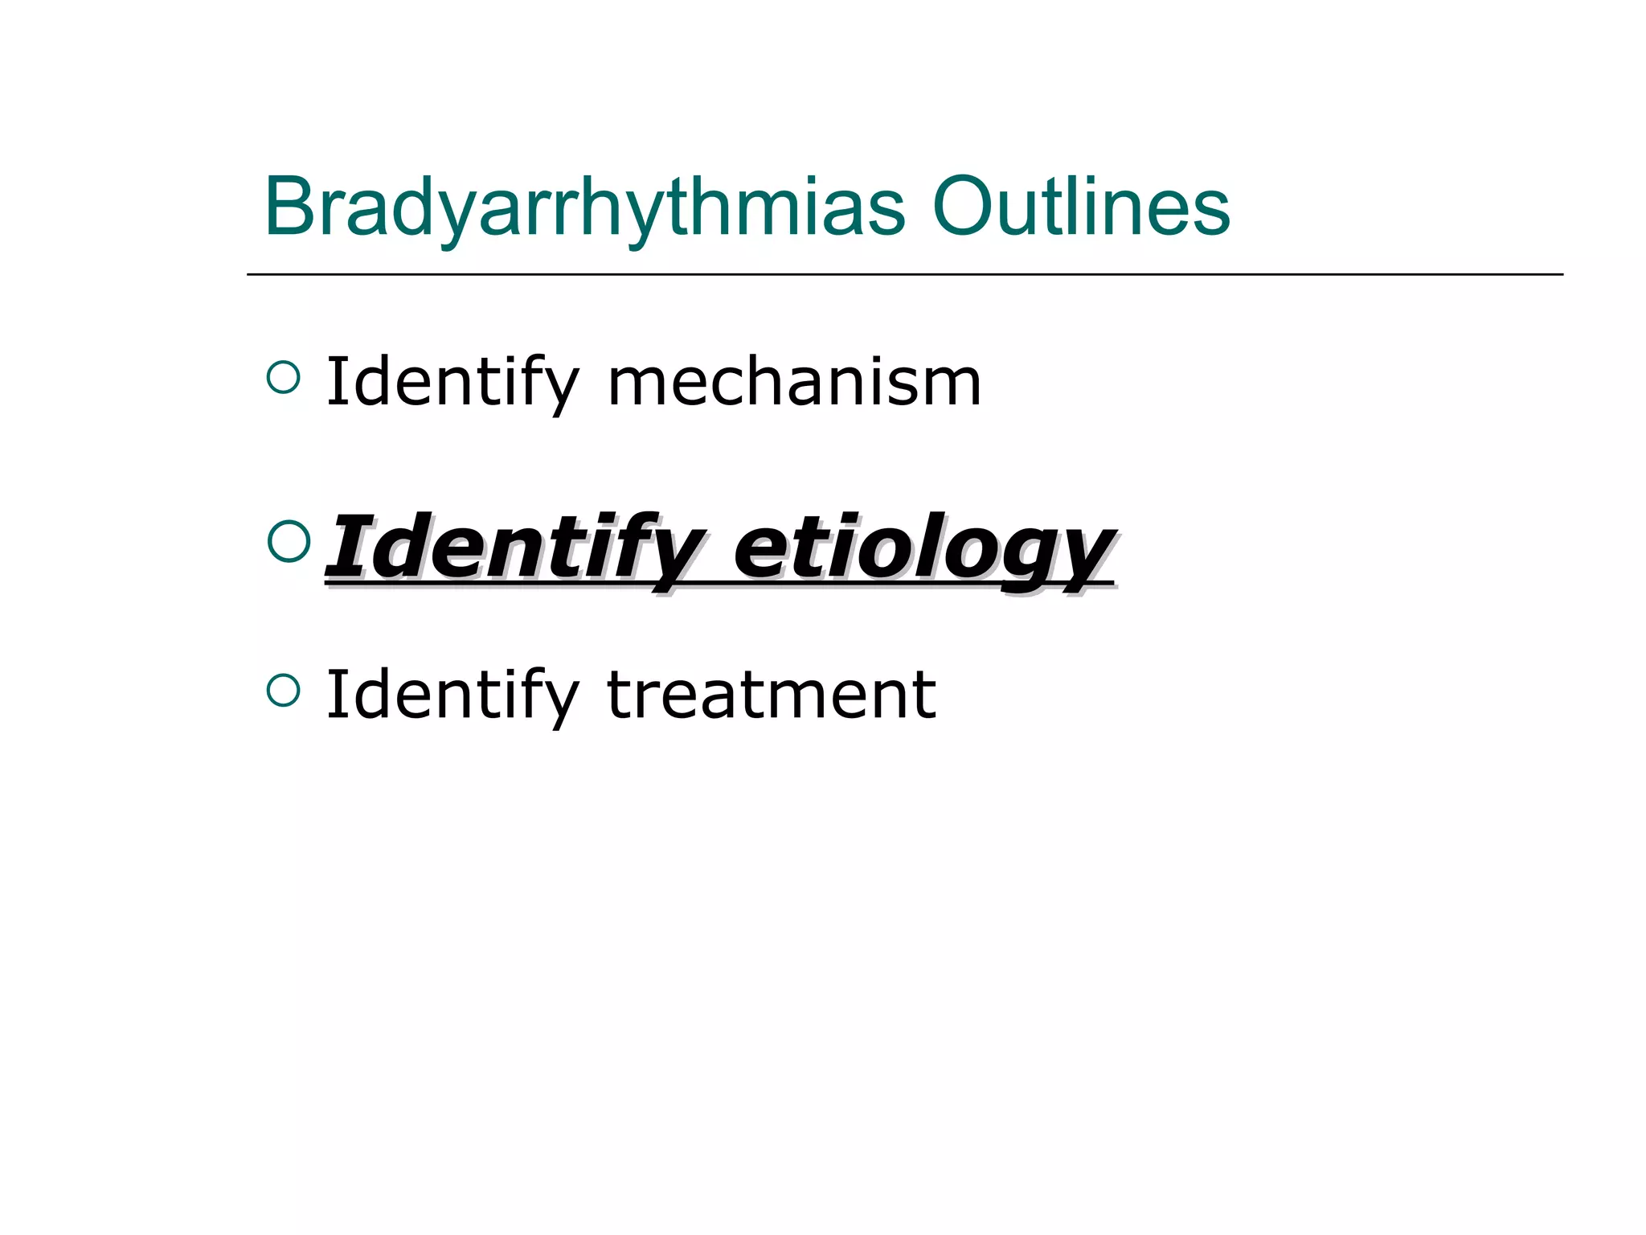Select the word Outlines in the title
coord(1080,207)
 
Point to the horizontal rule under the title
coord(904,274)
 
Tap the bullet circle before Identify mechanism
coord(283,376)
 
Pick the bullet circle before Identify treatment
coord(283,689)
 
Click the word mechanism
coord(794,383)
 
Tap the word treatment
coord(771,695)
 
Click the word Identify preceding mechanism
coord(452,383)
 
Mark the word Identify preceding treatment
coord(452,695)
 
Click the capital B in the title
coord(291,207)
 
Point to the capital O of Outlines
coord(961,207)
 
